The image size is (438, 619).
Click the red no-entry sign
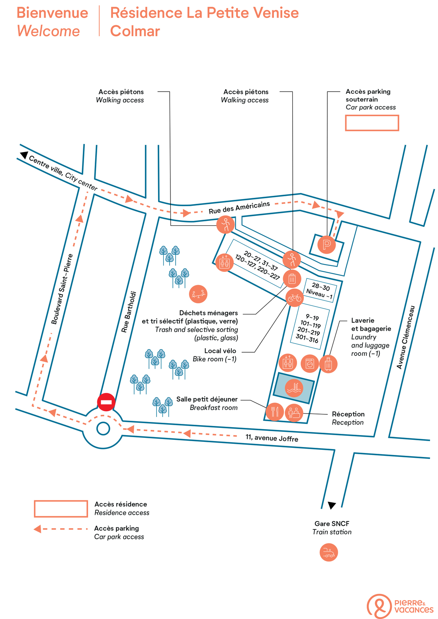pos(106,402)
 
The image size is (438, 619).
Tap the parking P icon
pos(327,244)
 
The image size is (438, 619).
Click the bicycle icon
pos(294,297)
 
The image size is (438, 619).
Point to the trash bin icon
pos(292,279)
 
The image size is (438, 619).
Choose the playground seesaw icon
pos(198,294)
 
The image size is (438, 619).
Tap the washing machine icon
pos(309,363)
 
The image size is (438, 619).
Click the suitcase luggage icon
pos(328,364)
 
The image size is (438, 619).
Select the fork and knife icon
pos(275,412)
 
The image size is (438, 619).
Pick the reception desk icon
pos(294,413)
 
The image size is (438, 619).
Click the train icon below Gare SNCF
pos(328,553)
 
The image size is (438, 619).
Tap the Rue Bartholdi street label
pos(129,312)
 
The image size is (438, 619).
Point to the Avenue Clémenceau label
pos(406,338)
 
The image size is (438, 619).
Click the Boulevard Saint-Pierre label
pos(62,289)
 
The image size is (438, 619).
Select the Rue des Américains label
pos(239,207)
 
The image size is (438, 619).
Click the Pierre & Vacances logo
pos(400,606)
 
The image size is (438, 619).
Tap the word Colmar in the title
pos(135,31)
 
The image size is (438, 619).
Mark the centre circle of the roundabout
pos(103,429)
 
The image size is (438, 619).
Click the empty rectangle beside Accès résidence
pos(61,509)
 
